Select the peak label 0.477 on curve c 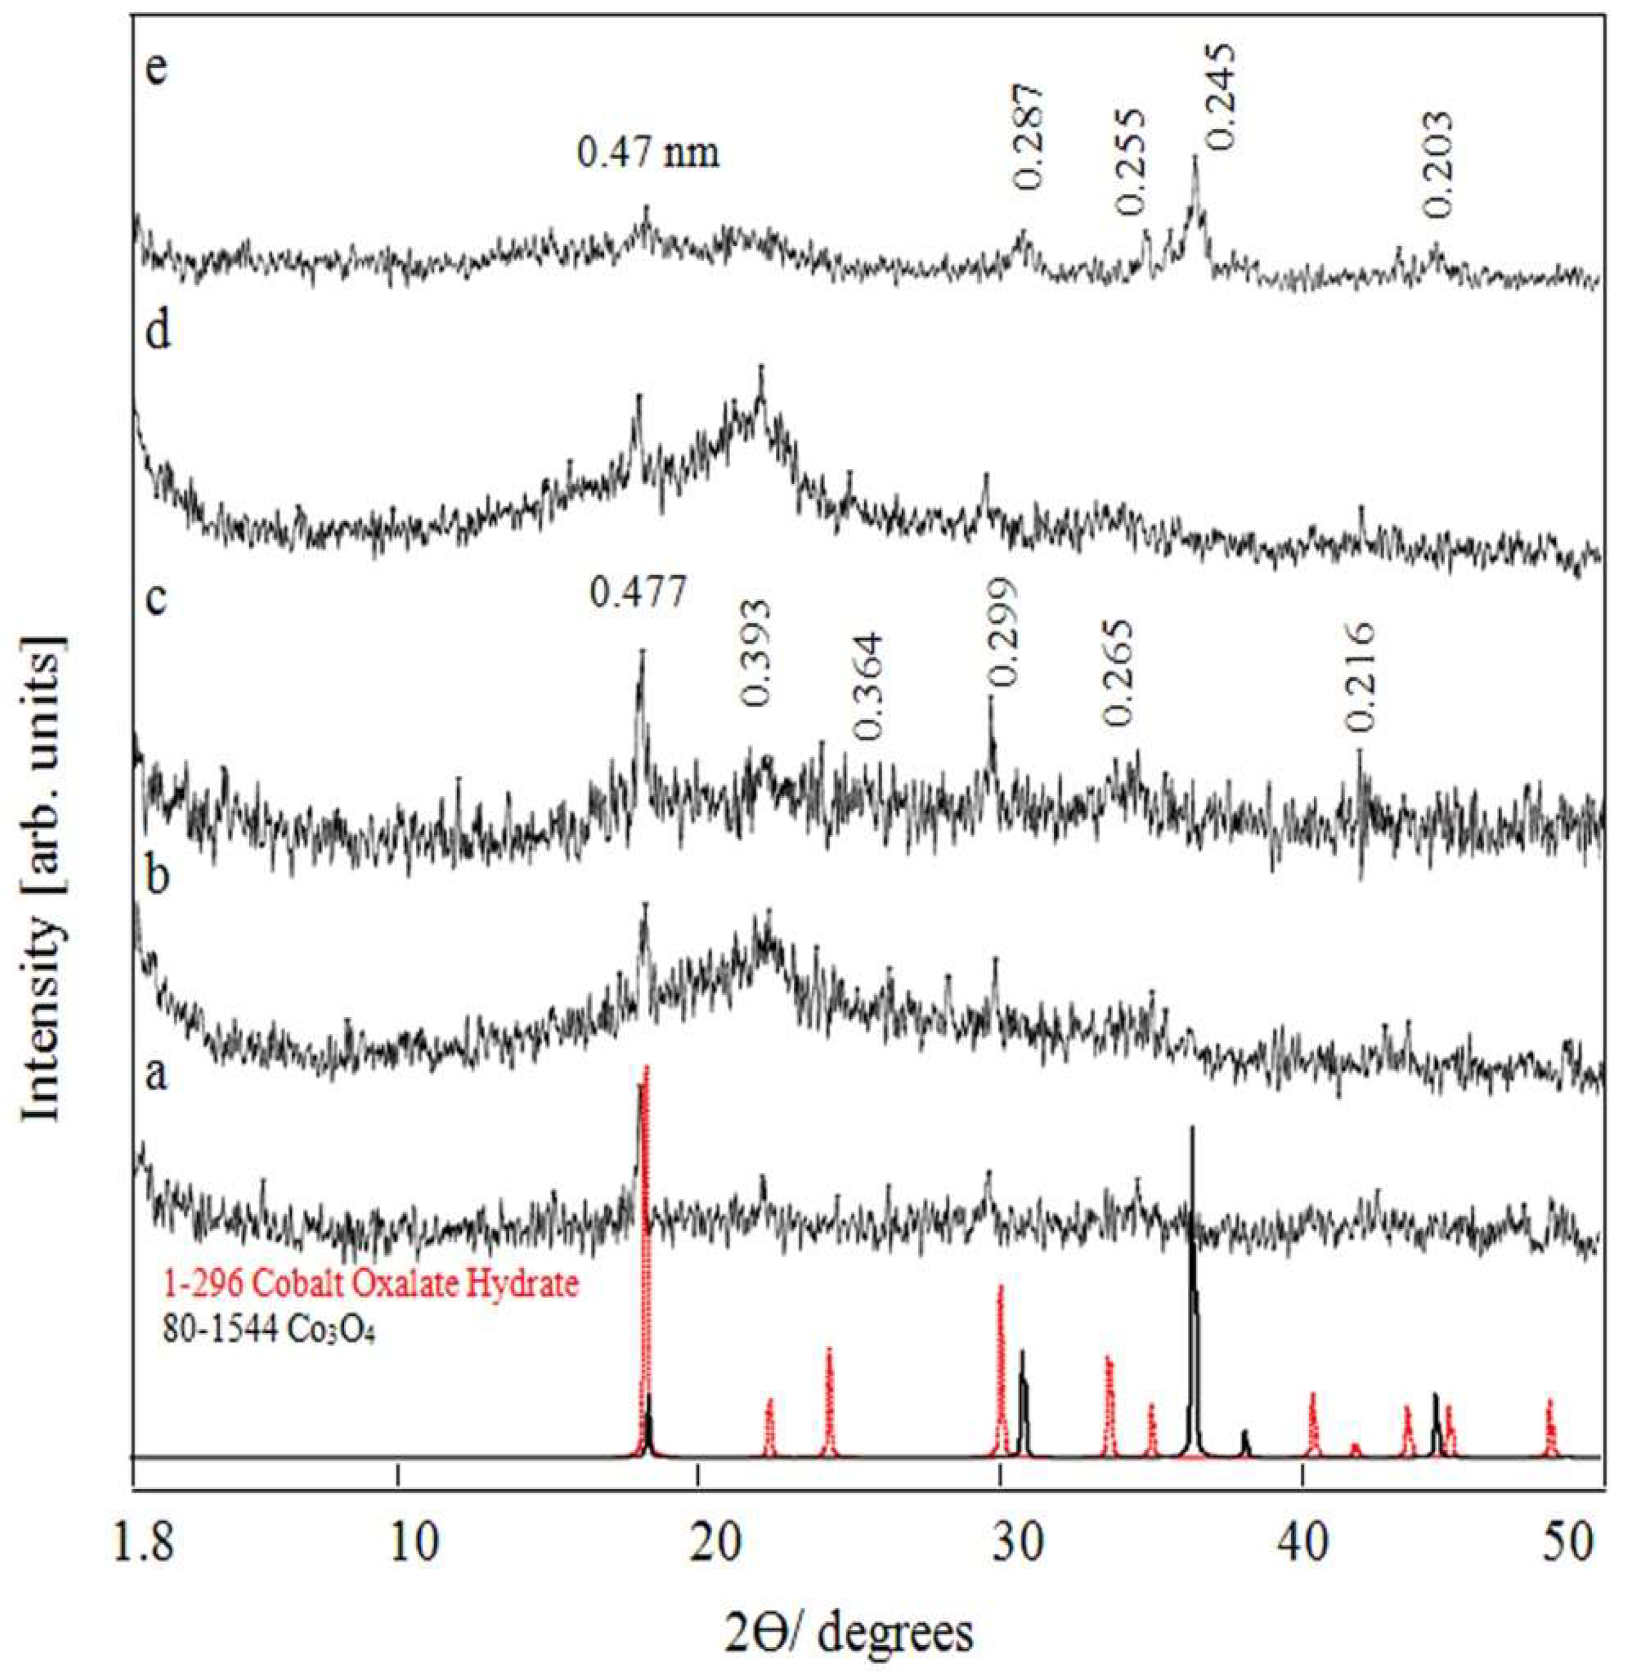tap(638, 593)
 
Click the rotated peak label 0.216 tap(1358, 678)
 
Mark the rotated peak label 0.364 tap(866, 687)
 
